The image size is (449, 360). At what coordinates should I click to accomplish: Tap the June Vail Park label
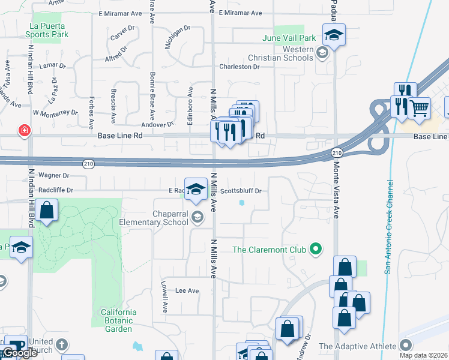289,38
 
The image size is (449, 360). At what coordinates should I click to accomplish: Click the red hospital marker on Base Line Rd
25,130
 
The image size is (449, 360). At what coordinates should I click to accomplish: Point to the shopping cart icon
420,108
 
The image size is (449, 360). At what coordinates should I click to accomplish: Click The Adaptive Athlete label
358,346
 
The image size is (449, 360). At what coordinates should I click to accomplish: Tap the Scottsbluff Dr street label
241,191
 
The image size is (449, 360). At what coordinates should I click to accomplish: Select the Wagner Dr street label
54,176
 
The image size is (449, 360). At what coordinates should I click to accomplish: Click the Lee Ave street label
187,290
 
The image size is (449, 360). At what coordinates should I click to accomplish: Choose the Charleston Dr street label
239,67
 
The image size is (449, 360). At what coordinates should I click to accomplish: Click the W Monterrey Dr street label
55,112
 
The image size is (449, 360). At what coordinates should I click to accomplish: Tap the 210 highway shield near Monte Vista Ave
336,154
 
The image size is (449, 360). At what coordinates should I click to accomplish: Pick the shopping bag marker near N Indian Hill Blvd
46,211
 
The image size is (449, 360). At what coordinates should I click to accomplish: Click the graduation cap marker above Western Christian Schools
334,34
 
